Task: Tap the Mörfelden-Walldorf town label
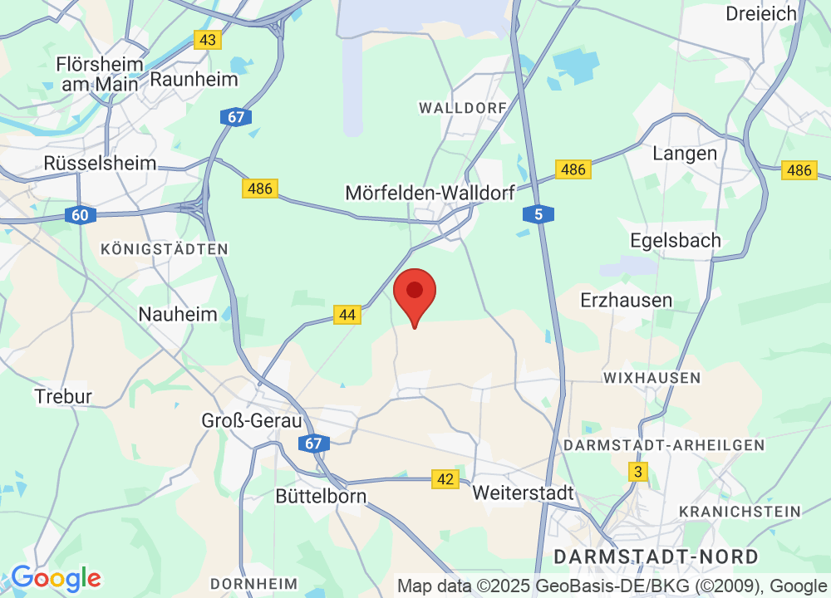[x=430, y=193]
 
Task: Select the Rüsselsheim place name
[x=101, y=163]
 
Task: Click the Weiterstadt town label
[x=523, y=493]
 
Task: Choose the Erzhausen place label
[x=627, y=299]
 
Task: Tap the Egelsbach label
[x=676, y=241]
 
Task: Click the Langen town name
[x=685, y=154]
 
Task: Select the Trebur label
[x=63, y=396]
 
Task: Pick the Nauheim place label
[x=178, y=314]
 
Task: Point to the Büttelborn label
[x=321, y=496]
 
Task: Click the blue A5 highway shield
[x=538, y=215]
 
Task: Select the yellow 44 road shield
[x=347, y=315]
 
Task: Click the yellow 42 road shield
[x=446, y=478]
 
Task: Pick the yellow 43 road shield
[x=208, y=39]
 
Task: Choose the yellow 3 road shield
[x=638, y=472]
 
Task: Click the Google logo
[x=55, y=578]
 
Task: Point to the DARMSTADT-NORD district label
[x=656, y=556]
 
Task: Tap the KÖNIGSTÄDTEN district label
[x=164, y=248]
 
